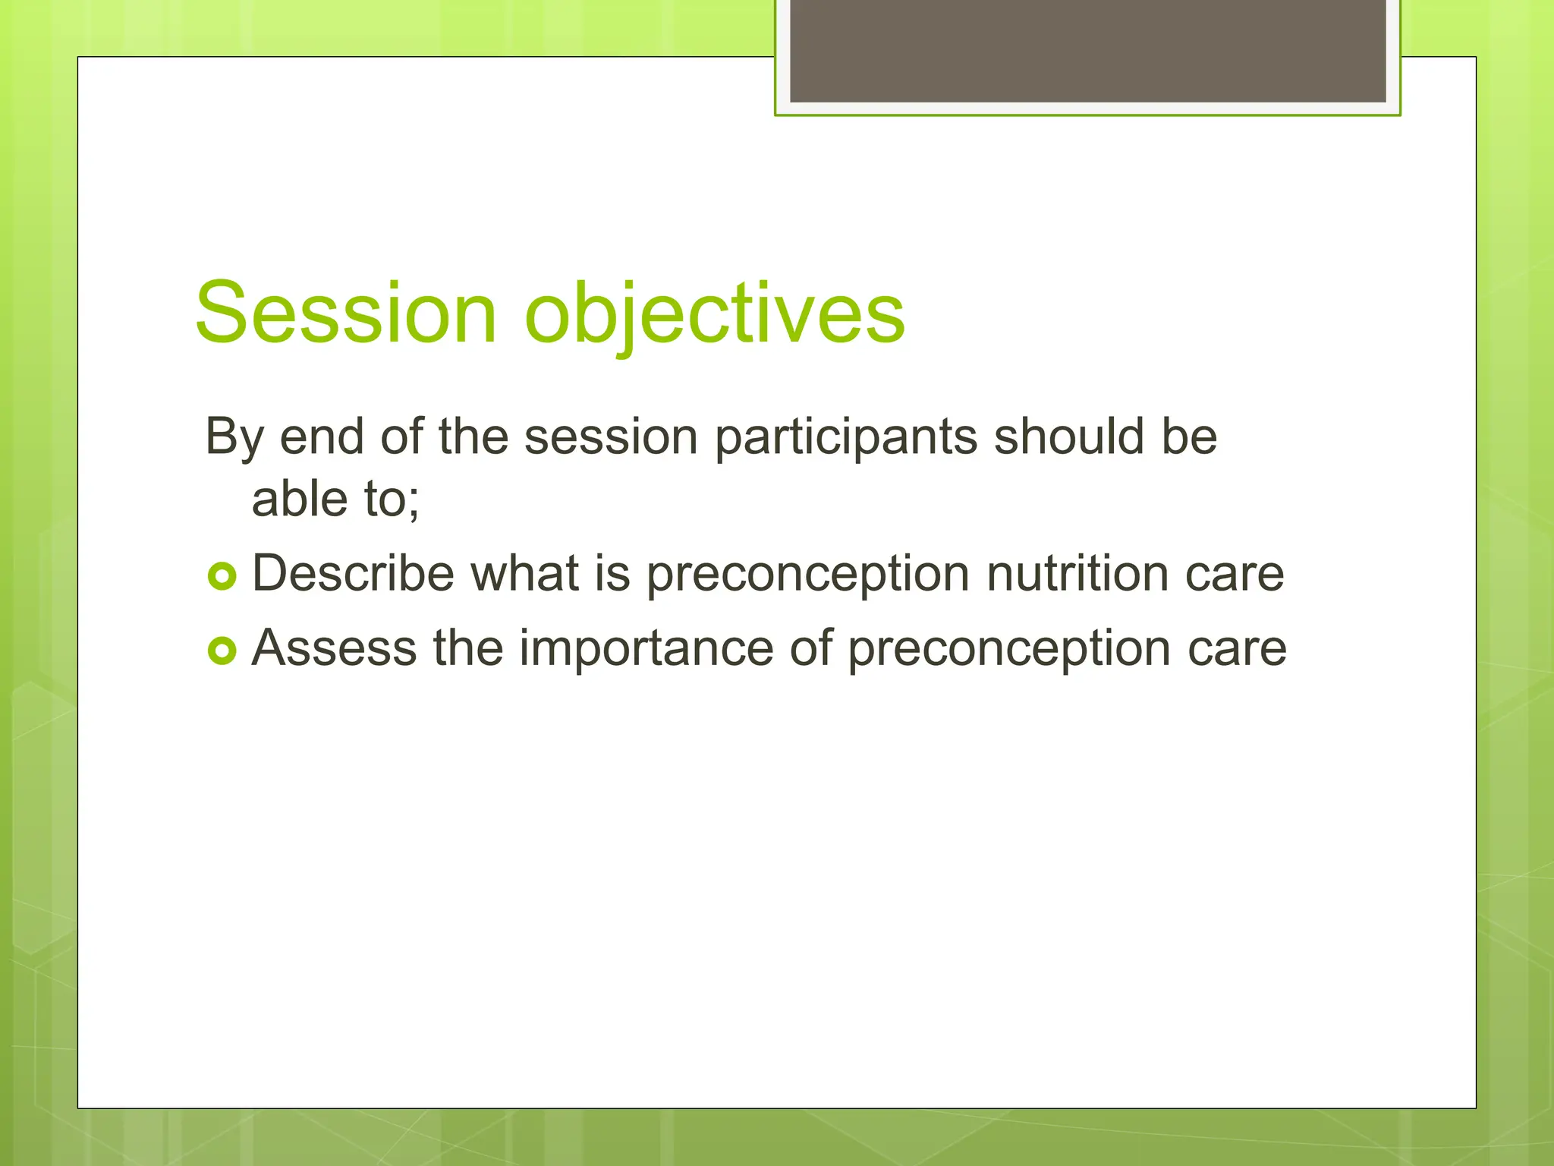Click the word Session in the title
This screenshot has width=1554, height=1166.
(x=346, y=313)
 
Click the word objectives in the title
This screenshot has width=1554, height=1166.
(x=715, y=313)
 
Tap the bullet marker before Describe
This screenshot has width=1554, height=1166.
(x=222, y=577)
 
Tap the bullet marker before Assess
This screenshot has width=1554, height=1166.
(x=222, y=651)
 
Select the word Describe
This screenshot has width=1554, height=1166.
(x=353, y=573)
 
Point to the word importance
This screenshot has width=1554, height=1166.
(x=647, y=648)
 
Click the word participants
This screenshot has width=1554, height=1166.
(x=846, y=438)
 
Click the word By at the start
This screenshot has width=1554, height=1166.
(x=234, y=438)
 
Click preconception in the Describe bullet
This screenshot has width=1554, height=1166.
(x=808, y=575)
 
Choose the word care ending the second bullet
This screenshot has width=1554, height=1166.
(x=1237, y=650)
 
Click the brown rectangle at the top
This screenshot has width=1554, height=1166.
(x=1087, y=50)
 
